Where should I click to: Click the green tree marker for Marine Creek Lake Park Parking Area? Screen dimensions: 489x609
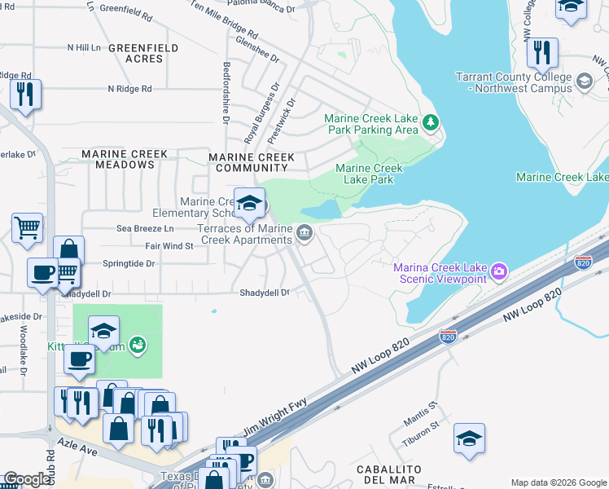(x=431, y=123)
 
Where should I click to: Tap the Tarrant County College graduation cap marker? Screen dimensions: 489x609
(x=584, y=81)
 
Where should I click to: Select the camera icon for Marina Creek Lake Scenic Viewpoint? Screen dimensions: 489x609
(x=499, y=270)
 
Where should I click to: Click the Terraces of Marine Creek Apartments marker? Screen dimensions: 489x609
(x=304, y=234)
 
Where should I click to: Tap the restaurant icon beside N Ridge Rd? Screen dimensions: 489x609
(x=26, y=95)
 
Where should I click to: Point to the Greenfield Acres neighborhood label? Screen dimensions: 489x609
(x=143, y=54)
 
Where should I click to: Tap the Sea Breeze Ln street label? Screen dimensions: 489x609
(x=146, y=229)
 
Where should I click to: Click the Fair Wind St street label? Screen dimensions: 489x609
(x=169, y=245)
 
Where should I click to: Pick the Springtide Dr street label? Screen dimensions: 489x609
(x=129, y=264)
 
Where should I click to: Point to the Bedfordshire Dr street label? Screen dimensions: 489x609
(x=226, y=91)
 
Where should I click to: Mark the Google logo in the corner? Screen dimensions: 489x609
(x=27, y=479)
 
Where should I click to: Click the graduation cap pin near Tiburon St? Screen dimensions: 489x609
(x=470, y=439)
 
